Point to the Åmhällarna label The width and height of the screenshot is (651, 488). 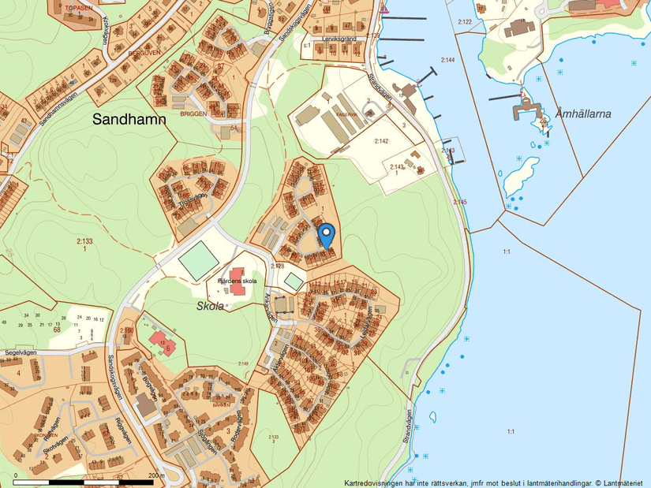tap(583, 114)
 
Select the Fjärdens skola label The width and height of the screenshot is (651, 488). tap(238, 281)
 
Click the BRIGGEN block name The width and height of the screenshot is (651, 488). tap(193, 114)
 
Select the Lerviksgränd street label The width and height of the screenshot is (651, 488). tap(339, 38)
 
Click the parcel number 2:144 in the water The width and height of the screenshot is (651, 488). tap(448, 61)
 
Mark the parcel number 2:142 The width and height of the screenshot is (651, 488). tap(381, 141)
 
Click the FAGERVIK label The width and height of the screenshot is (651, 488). tap(346, 114)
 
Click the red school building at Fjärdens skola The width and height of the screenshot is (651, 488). tap(237, 290)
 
